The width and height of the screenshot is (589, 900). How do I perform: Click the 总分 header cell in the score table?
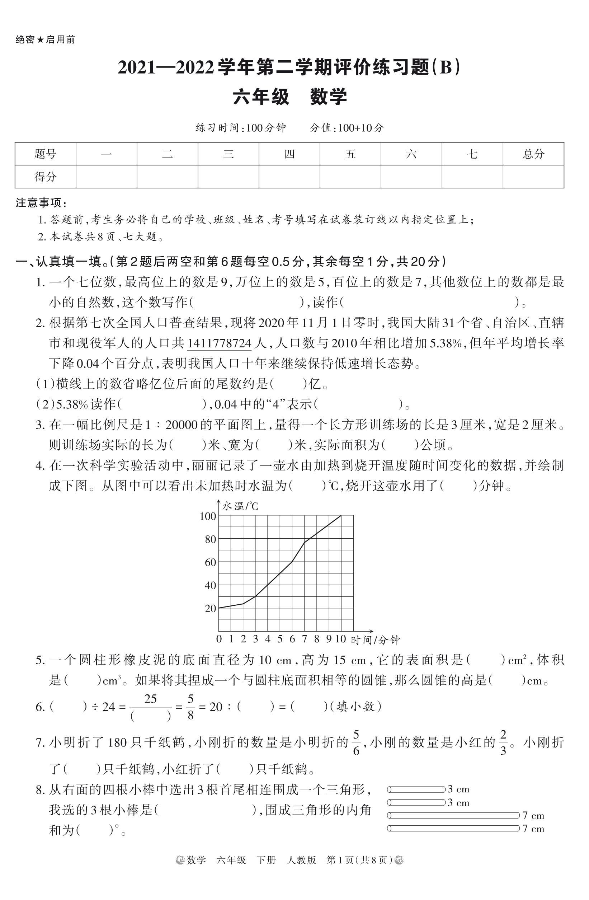point(533,154)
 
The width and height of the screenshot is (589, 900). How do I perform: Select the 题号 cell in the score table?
point(45,154)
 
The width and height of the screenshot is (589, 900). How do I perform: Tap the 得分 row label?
point(45,176)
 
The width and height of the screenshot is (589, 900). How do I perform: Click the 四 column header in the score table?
point(289,154)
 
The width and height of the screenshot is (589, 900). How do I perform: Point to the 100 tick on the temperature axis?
point(208,516)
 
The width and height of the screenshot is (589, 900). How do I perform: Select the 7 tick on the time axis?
point(304,639)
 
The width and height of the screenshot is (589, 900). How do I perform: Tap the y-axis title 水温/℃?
point(240,506)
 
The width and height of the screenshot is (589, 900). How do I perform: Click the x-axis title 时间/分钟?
point(376,640)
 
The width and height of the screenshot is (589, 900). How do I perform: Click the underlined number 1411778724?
point(219,343)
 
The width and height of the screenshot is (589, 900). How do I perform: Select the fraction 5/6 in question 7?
point(356,742)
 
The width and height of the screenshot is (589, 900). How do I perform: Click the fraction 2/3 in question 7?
point(503,742)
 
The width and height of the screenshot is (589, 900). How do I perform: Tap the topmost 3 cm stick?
point(416,789)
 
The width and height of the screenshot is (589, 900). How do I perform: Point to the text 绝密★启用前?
point(45,40)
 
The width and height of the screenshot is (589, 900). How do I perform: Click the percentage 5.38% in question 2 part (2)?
point(72,405)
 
